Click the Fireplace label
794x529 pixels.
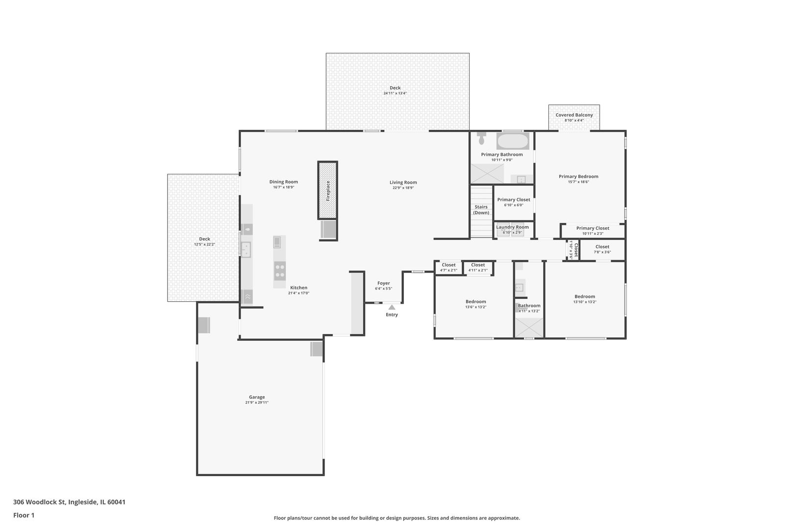click(328, 191)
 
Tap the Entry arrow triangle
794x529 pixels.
click(392, 307)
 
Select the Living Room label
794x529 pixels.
click(403, 183)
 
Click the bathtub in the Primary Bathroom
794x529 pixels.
click(513, 141)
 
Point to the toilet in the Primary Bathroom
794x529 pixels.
click(481, 138)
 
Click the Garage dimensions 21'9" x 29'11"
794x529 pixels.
click(257, 403)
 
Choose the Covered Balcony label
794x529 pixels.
click(574, 115)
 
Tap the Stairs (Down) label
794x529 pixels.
click(481, 210)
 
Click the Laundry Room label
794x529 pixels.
click(512, 227)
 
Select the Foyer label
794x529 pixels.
click(384, 283)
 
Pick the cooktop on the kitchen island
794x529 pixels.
click(280, 271)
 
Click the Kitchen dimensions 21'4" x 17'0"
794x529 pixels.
click(298, 293)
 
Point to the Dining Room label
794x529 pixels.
click(284, 182)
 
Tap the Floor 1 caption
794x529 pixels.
click(24, 515)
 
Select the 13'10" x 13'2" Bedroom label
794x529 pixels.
click(585, 296)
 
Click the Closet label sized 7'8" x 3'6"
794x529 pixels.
click(602, 246)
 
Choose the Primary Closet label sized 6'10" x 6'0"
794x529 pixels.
click(514, 199)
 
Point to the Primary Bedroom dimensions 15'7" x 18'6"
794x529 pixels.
click(578, 182)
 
